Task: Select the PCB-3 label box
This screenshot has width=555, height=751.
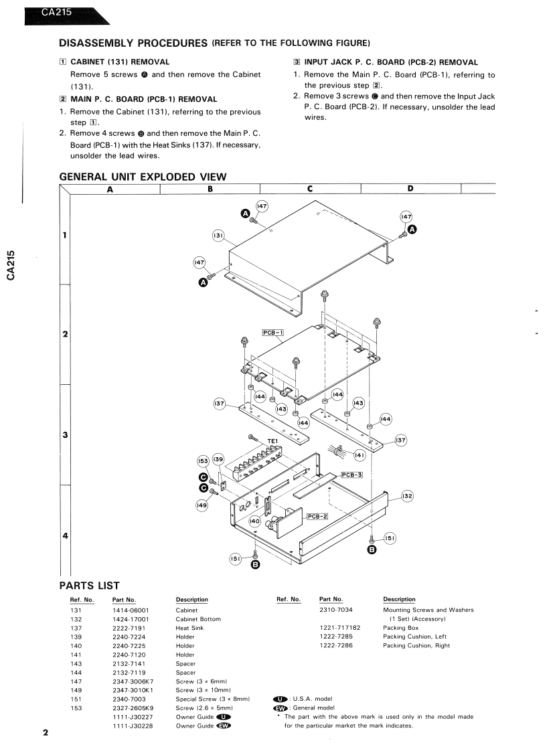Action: [x=351, y=475]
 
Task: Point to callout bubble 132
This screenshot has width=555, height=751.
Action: [x=407, y=496]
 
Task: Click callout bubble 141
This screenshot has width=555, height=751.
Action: [x=360, y=455]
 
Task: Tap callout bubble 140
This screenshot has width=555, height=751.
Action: [x=254, y=520]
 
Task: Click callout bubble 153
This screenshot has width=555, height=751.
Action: [x=203, y=461]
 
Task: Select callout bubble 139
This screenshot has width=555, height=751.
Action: [x=218, y=460]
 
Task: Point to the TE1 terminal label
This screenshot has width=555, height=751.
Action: [x=272, y=441]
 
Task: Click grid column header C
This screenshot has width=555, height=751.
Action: [x=310, y=188]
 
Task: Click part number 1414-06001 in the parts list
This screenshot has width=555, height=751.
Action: [x=131, y=610]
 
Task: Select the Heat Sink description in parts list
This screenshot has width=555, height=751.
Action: [x=190, y=628]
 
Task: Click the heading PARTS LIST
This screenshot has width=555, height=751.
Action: [x=89, y=586]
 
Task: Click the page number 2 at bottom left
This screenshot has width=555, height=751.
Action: [x=46, y=734]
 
